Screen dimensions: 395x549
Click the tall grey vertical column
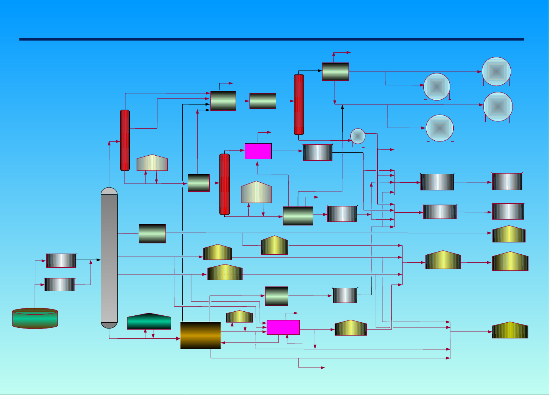pyautogui.click(x=109, y=258)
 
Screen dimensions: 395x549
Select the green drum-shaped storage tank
pyautogui.click(x=35, y=318)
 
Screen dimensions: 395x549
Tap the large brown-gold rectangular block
pyautogui.click(x=201, y=335)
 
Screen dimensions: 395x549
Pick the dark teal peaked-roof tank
pyautogui.click(x=149, y=322)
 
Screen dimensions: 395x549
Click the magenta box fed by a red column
pyautogui.click(x=258, y=151)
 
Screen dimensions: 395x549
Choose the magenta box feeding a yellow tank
pyautogui.click(x=283, y=327)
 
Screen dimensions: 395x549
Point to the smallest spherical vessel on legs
pyautogui.click(x=358, y=136)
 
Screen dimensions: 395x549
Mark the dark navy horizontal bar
pyautogui.click(x=271, y=39)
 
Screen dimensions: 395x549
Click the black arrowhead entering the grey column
pyautogui.click(x=99, y=260)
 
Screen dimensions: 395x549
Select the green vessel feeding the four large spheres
pyautogui.click(x=335, y=72)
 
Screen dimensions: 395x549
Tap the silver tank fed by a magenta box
pyautogui.click(x=317, y=152)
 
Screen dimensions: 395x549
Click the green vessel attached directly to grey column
pyautogui.click(x=152, y=233)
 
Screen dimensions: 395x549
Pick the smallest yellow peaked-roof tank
pyautogui.click(x=239, y=316)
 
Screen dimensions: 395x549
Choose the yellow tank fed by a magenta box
pyautogui.click(x=350, y=328)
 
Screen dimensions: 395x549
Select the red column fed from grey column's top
pyautogui.click(x=125, y=140)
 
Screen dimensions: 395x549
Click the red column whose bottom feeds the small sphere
pyautogui.click(x=299, y=105)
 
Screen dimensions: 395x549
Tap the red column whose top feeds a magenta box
pyautogui.click(x=224, y=184)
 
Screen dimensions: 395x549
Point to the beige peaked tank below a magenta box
pyautogui.click(x=256, y=192)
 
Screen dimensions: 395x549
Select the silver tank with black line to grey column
pyautogui.click(x=61, y=261)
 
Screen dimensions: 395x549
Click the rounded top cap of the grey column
pyautogui.click(x=109, y=191)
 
